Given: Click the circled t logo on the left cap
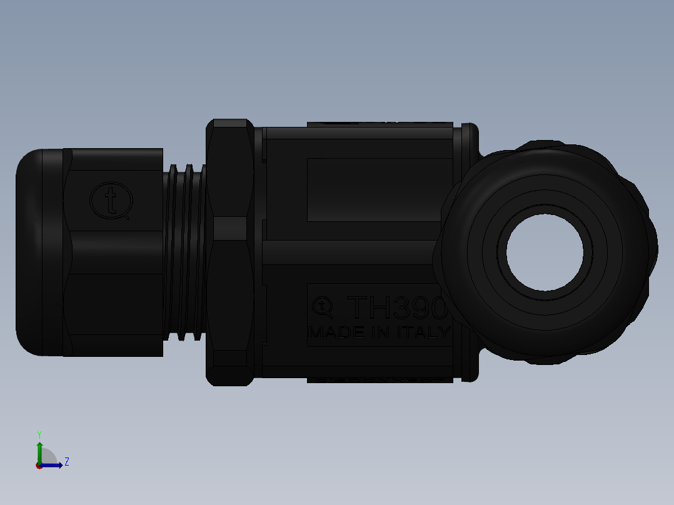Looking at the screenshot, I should point(111,200).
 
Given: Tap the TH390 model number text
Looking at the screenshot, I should point(398,307).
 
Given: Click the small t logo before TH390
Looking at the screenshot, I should point(322,306).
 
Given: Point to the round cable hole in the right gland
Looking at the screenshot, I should point(545,253).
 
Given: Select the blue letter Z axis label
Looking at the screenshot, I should point(66,462).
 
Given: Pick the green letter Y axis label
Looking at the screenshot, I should point(39,434).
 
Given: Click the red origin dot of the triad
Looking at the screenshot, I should point(39,466).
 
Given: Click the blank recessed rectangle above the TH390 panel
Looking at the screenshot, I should point(378,189).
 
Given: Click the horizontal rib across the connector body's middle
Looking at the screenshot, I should point(350,252).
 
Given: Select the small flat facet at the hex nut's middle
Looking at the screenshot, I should point(230,229).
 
